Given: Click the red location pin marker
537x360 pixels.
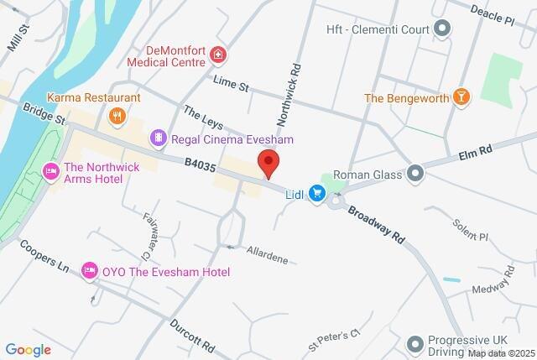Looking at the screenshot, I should tap(268, 163).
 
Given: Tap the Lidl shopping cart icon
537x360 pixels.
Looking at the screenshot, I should tap(316, 194).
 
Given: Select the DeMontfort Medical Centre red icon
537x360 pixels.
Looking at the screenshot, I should tap(218, 55).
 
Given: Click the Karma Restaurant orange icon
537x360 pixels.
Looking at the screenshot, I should tap(118, 115).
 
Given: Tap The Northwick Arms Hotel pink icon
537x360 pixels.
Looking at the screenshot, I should tap(50, 172).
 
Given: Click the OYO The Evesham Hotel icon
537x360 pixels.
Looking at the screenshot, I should tap(89, 271).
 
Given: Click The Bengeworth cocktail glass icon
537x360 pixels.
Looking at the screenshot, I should tap(460, 98).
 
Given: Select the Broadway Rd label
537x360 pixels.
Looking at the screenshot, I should tap(377, 224).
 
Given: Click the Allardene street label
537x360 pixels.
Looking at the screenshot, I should tap(267, 254).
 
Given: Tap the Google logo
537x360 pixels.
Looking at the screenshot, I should tap(29, 349).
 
